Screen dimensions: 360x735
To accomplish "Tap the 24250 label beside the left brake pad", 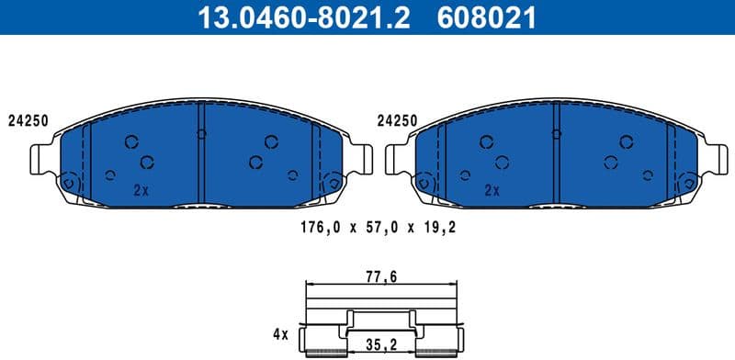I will (x=28, y=120).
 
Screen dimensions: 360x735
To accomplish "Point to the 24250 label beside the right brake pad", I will (x=397, y=120).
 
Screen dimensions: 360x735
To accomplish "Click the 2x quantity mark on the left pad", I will (x=140, y=191).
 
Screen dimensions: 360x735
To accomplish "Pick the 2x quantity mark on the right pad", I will (x=492, y=191).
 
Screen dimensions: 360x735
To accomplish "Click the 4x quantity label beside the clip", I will (x=280, y=335).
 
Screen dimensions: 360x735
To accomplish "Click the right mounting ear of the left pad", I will (x=362, y=160).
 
